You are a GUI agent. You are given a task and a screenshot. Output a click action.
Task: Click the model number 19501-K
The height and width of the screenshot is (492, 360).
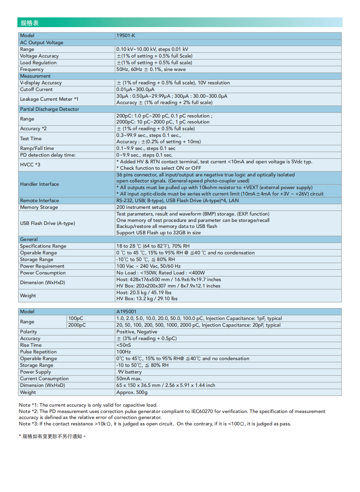click(126, 35)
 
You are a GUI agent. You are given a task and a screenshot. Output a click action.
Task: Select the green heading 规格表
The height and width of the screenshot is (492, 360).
click(30, 23)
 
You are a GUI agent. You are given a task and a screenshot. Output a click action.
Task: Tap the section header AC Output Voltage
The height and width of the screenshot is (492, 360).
click(41, 43)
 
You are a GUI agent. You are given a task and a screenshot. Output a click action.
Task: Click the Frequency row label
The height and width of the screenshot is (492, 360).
click(32, 69)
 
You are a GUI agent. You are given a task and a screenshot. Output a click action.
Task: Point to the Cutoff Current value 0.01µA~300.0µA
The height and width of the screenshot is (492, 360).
click(135, 89)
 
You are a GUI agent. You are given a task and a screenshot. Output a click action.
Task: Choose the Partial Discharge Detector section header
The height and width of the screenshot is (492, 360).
click(50, 109)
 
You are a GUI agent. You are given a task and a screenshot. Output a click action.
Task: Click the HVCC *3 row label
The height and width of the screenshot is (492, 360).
click(30, 165)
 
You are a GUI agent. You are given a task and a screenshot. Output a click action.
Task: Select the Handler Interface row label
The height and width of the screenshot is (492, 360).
click(39, 184)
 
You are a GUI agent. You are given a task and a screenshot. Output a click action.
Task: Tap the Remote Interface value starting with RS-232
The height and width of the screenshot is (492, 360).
click(177, 200)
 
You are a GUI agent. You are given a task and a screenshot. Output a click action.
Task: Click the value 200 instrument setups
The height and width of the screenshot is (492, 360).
click(141, 207)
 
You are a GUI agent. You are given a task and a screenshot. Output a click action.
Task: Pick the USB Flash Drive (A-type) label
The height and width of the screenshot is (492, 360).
click(48, 223)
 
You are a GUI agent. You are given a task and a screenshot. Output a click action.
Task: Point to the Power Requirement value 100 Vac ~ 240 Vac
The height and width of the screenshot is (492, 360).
click(148, 266)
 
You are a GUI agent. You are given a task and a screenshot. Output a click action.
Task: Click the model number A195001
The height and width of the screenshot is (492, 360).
click(126, 312)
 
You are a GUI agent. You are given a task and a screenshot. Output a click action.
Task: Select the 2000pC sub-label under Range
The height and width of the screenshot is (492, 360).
click(77, 325)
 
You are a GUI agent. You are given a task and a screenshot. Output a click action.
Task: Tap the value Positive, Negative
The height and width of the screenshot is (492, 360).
click(137, 332)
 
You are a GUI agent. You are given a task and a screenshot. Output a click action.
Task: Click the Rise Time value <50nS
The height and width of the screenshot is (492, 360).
click(123, 345)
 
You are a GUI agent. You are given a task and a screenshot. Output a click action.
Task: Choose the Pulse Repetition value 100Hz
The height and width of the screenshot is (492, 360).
click(123, 352)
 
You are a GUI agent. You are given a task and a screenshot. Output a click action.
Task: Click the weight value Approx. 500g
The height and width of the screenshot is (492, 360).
click(132, 392)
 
